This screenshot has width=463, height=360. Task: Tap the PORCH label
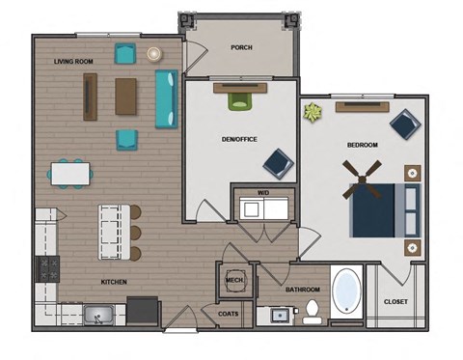(x=241, y=46)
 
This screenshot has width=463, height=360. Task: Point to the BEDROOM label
(x=362, y=145)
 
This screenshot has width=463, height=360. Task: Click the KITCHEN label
(x=115, y=282)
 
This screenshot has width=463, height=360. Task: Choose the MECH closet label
(x=233, y=281)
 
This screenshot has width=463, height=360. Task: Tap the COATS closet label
(x=229, y=313)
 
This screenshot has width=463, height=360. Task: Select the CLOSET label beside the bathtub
(x=395, y=301)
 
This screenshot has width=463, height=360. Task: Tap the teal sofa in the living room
(x=165, y=98)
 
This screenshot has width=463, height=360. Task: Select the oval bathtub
(x=346, y=293)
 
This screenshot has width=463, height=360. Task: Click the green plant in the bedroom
(x=312, y=113)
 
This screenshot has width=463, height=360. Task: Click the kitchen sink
(x=98, y=313)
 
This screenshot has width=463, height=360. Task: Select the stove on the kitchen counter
(x=45, y=268)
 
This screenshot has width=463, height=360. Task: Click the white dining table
(x=71, y=173)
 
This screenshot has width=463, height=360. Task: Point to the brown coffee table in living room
(x=127, y=96)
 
